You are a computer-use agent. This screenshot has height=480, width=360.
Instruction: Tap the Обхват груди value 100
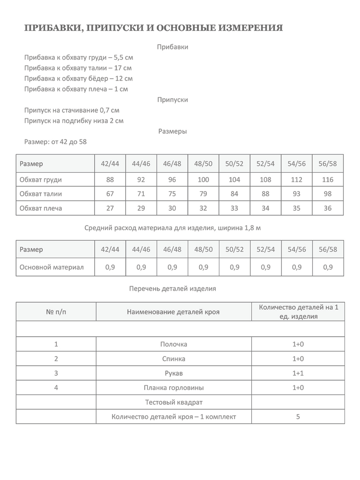[203, 179]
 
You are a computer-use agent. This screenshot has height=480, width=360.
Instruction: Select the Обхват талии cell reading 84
[234, 194]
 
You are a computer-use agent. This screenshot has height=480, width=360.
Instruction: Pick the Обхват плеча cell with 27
[110, 208]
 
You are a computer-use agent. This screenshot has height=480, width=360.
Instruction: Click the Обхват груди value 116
[328, 179]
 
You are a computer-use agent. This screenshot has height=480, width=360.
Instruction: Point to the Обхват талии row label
[41, 194]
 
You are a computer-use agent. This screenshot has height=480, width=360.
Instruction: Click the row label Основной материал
[51, 267]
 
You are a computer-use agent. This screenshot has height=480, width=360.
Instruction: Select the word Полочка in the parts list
[174, 344]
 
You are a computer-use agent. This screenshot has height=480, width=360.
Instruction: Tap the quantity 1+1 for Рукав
[298, 373]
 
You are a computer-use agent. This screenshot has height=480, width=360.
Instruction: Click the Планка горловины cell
[174, 388]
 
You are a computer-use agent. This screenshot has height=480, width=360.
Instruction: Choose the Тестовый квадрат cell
[174, 402]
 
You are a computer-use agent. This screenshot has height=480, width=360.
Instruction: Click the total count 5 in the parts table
[298, 417]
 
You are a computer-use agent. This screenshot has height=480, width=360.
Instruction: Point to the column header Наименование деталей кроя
[173, 312]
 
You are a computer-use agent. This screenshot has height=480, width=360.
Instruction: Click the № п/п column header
[56, 312]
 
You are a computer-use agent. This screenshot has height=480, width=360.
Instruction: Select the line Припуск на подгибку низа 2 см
[74, 121]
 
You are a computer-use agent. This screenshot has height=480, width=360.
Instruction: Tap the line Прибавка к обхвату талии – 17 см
[78, 68]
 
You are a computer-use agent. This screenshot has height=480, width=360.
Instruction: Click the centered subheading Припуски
[172, 100]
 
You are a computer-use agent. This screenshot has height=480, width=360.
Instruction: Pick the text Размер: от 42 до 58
[55, 142]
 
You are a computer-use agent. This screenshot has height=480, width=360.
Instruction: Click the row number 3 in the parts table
[56, 373]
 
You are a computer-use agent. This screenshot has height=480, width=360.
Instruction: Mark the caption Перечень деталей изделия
[172, 288]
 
